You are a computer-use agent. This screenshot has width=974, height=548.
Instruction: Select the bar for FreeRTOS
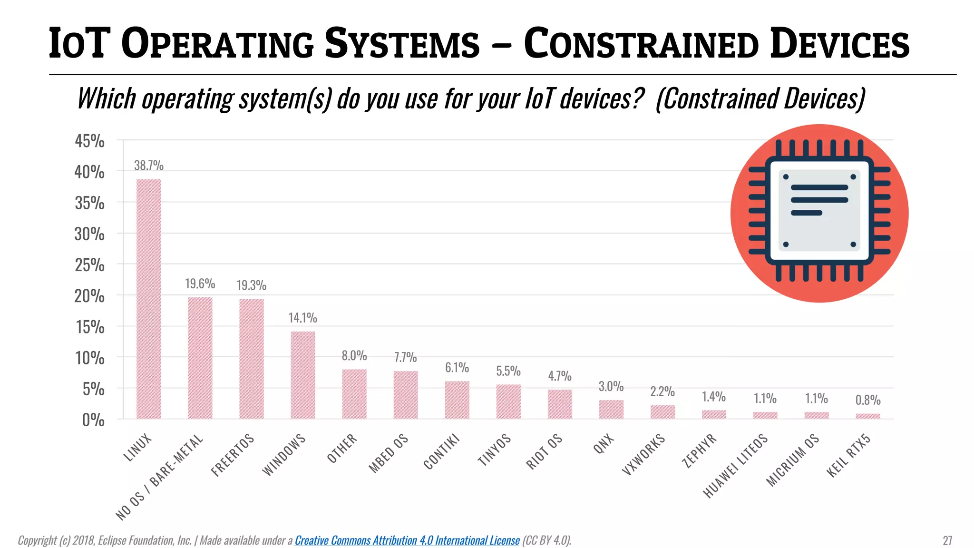point(251,359)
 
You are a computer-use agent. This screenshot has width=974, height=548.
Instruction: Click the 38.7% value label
point(148,166)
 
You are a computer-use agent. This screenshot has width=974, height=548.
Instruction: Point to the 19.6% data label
point(200,284)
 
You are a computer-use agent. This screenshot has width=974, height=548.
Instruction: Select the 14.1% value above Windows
point(302,318)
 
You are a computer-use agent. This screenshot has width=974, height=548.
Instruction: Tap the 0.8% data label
point(868,400)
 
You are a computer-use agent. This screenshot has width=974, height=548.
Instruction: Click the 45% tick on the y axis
point(89,141)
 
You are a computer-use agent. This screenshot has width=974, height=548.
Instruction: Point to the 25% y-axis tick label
point(89,265)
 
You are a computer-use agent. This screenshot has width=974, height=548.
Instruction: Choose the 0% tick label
point(93,420)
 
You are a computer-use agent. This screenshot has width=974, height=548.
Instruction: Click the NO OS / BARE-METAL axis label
point(160,477)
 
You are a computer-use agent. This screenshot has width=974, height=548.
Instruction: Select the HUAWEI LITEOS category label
point(735,466)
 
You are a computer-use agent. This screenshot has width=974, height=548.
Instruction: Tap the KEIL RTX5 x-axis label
point(848,455)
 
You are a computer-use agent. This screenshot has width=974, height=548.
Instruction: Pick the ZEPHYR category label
point(699,450)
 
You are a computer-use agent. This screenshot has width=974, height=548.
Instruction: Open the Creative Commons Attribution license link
point(407,540)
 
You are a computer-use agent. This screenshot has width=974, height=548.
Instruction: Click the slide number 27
point(947,540)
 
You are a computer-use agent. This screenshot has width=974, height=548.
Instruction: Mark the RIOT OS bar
point(560,404)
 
